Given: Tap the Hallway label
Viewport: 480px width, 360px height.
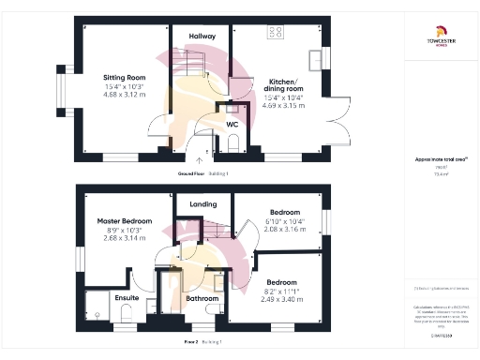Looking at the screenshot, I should tap(202, 36).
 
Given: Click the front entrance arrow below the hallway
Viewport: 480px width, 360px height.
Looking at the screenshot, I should tap(199, 160).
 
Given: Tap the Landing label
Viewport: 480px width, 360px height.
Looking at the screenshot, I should tap(202, 203).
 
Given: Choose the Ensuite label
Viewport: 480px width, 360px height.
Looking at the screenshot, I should tap(127, 298).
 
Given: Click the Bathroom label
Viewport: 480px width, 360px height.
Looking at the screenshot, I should tap(202, 299).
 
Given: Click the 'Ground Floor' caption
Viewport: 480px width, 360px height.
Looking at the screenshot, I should tap(191, 174).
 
